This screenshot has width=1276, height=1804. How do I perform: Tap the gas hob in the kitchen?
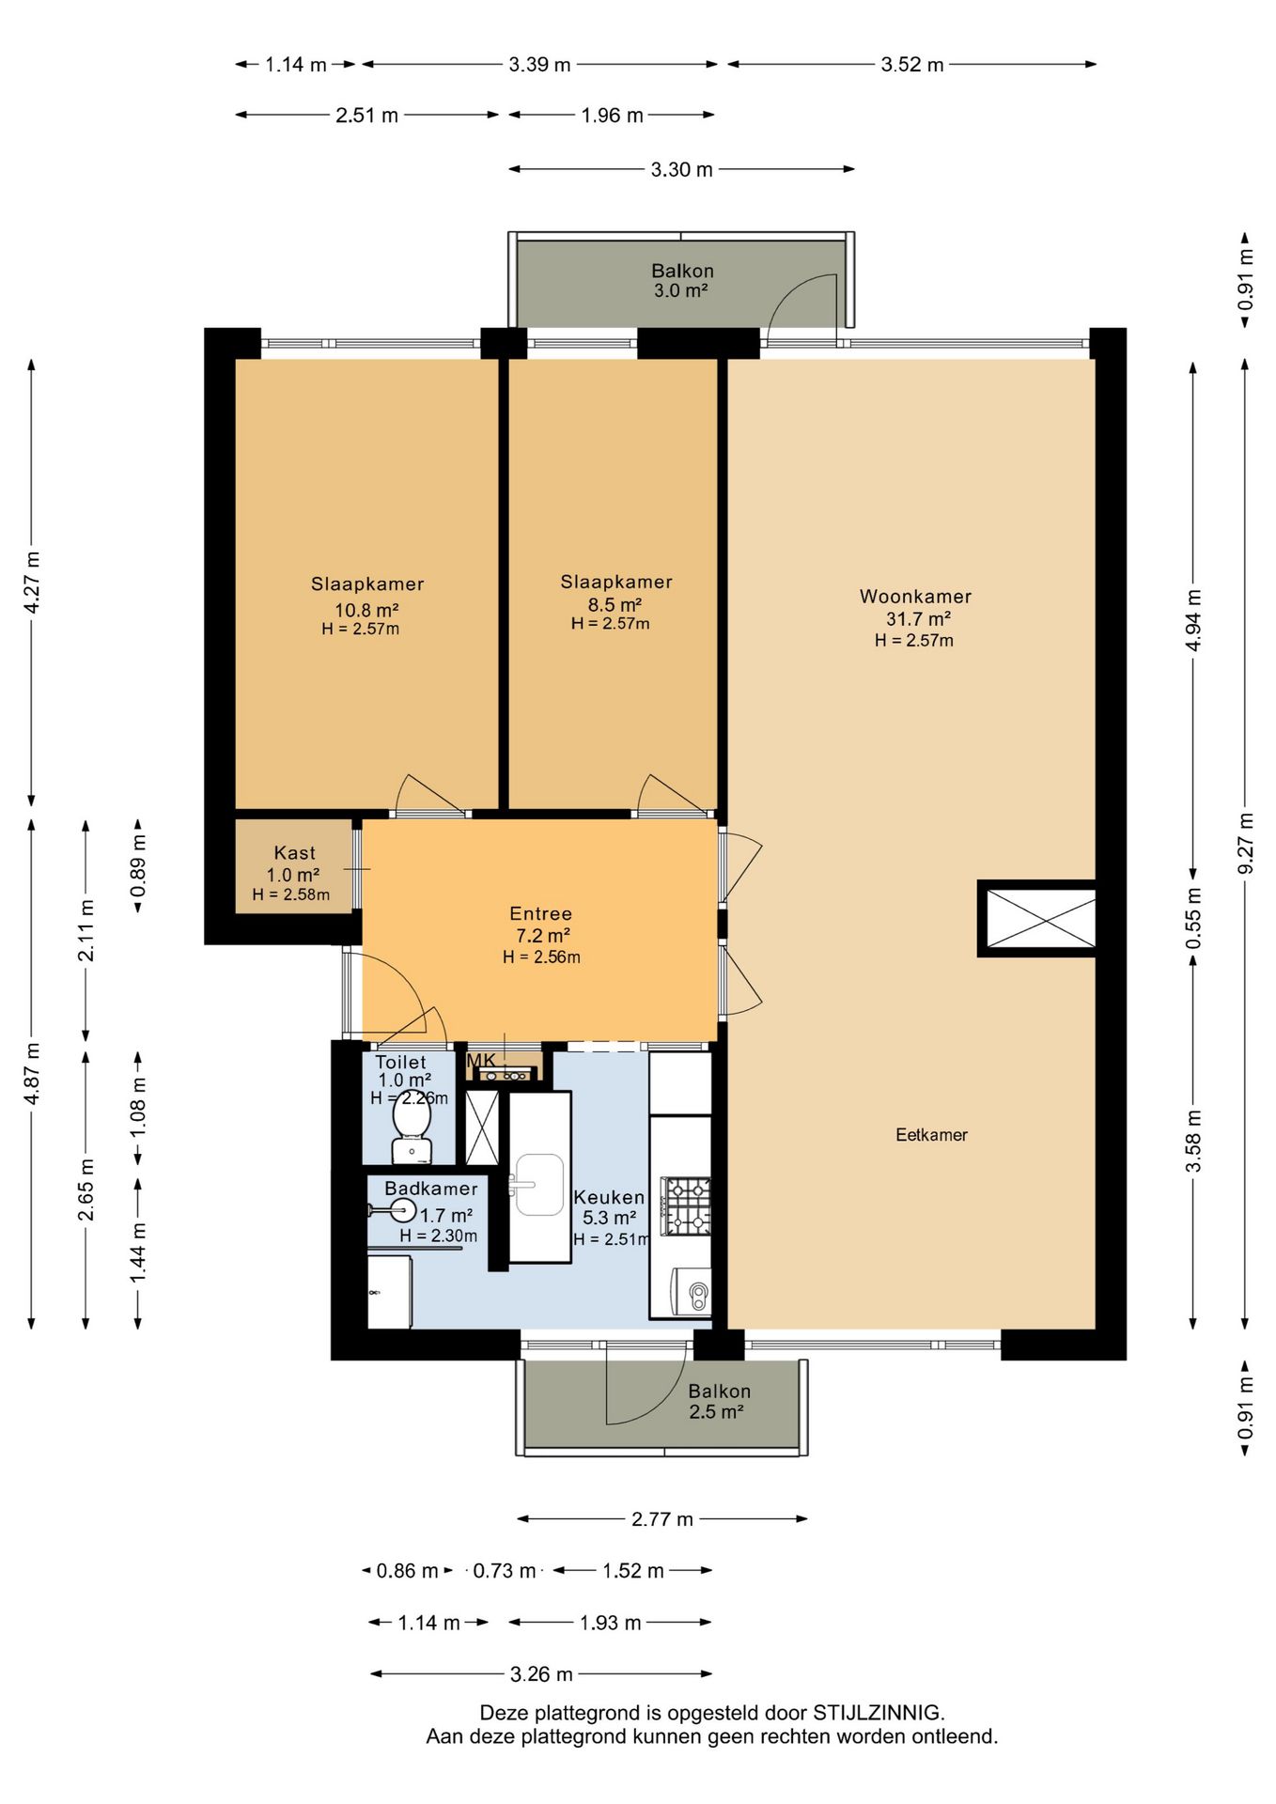tap(686, 1205)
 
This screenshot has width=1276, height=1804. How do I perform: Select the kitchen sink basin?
tap(539, 1185)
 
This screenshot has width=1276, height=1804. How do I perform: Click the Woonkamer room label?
tap(915, 596)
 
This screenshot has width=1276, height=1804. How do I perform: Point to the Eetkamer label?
tap(931, 1134)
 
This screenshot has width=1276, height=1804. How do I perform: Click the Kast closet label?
tap(294, 852)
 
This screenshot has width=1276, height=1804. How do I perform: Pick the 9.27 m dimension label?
tap(1245, 842)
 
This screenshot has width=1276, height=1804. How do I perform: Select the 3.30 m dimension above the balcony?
tap(681, 169)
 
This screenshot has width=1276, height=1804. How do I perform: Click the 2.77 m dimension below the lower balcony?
tap(661, 1518)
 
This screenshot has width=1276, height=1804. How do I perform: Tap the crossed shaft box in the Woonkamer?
tap(1037, 918)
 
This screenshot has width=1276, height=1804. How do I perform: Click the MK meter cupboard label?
tap(481, 1061)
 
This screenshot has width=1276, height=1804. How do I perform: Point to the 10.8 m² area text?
tap(366, 610)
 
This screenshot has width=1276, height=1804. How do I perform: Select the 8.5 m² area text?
tap(615, 604)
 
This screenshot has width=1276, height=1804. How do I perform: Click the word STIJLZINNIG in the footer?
tap(877, 1712)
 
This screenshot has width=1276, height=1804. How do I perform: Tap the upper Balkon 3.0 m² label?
tap(682, 280)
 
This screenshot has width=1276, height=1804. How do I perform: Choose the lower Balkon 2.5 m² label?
tap(718, 1401)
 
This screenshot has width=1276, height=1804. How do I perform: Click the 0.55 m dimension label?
tap(1193, 918)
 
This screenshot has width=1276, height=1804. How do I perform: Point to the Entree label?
tap(540, 913)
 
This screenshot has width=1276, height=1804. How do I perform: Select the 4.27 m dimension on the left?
tap(31, 583)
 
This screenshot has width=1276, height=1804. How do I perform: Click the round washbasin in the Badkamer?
tap(403, 1210)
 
